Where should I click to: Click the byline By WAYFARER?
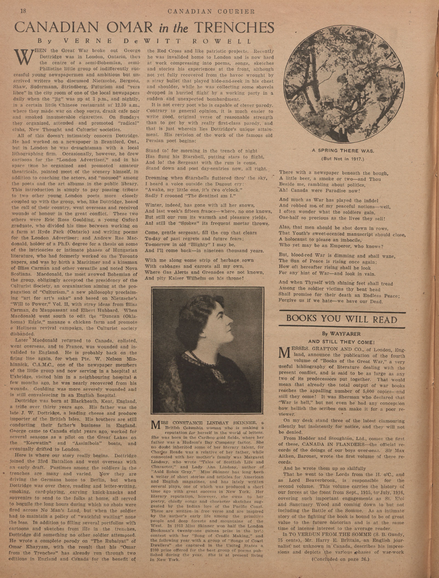(x=341, y=334)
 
